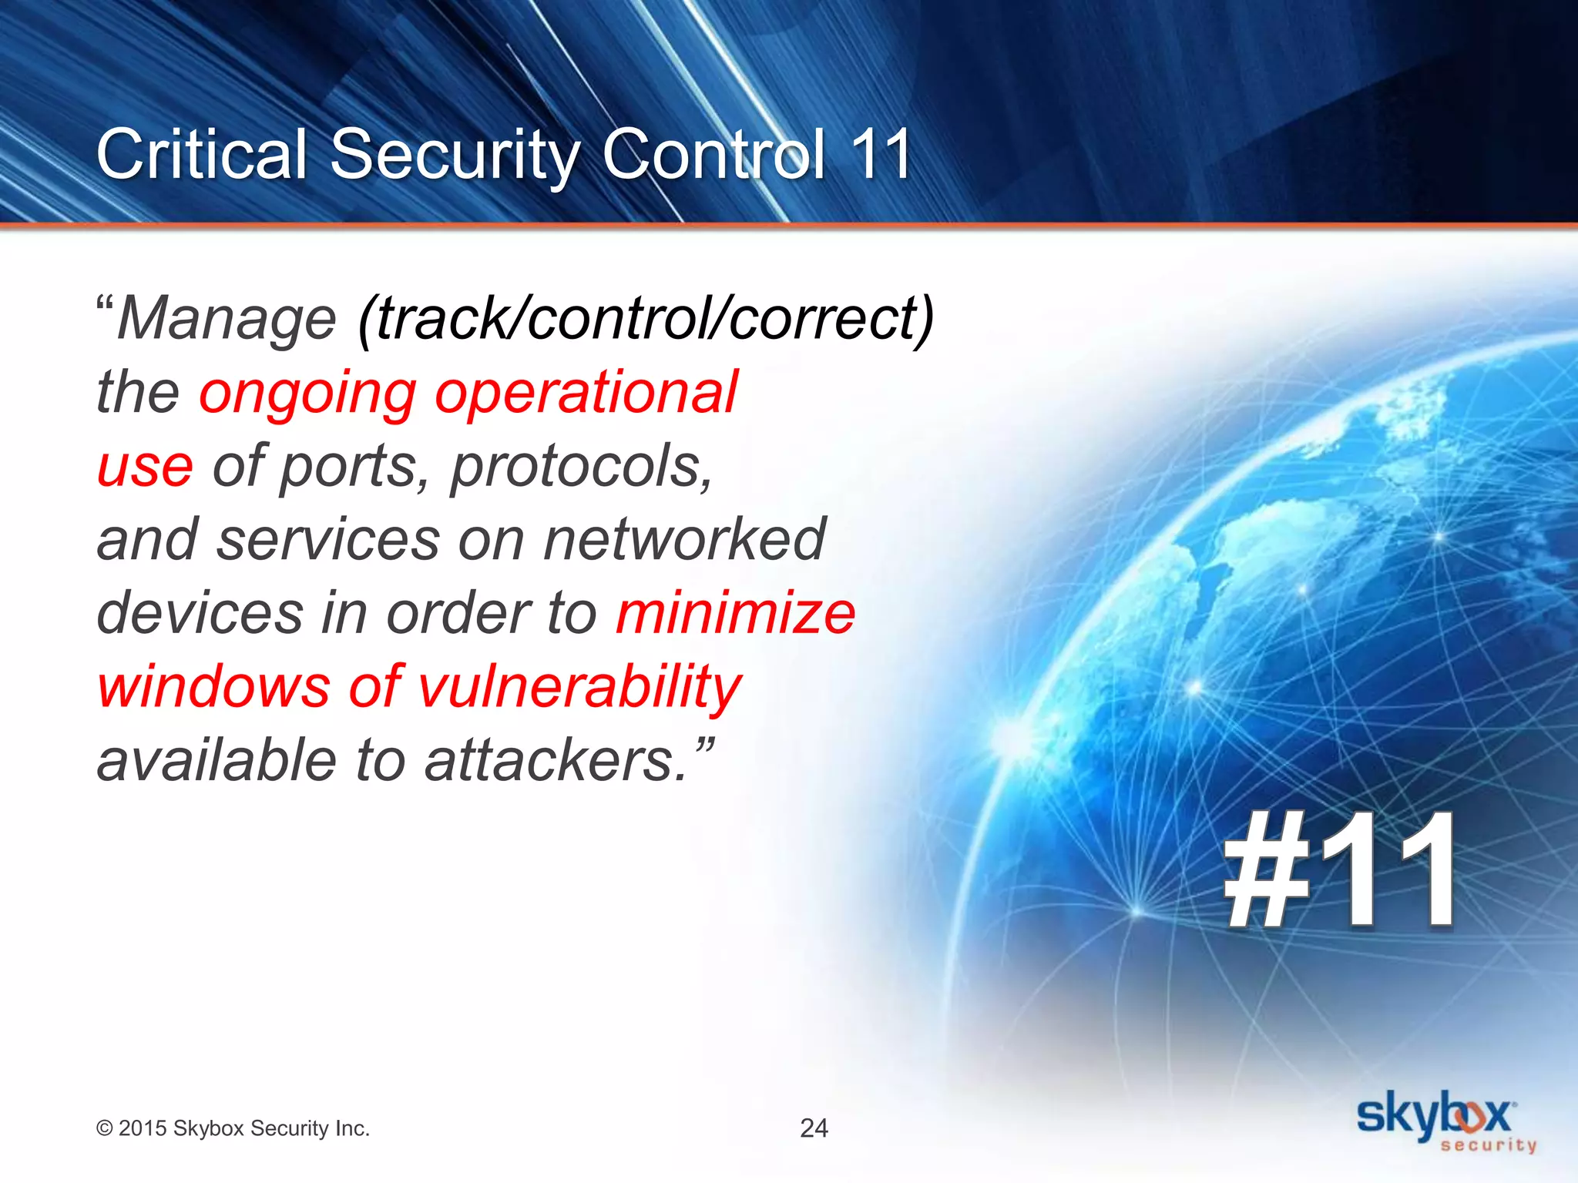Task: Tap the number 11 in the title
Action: tap(881, 155)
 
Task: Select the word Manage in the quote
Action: tap(227, 320)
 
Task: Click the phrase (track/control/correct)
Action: tap(646, 320)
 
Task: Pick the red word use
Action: tap(145, 467)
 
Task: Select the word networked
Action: tap(684, 539)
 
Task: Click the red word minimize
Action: tap(735, 613)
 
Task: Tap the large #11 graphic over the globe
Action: tap(1339, 870)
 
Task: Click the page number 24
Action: tap(814, 1128)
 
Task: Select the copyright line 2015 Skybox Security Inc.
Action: tap(233, 1128)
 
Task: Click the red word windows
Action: tap(213, 687)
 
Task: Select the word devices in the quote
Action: tap(200, 613)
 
